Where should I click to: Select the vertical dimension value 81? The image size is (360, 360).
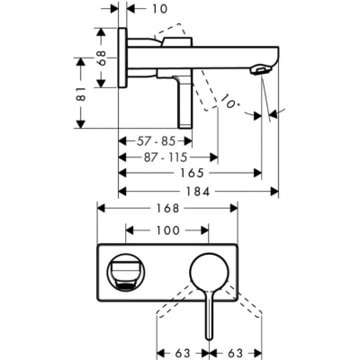[x=82, y=93]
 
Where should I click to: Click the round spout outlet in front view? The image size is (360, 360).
[x=122, y=269]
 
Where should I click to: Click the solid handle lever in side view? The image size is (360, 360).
[x=184, y=103]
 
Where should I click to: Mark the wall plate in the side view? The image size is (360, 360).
[x=122, y=58]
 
